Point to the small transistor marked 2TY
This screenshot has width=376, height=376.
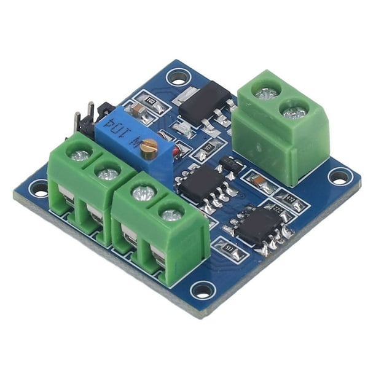tap(230, 164)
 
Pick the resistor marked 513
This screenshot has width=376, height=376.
tap(229, 249)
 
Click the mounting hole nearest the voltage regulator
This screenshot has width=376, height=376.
tap(178, 77)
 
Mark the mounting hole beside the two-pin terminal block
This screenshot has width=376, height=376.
tap(339, 177)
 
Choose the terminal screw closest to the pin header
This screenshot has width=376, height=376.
tap(80, 156)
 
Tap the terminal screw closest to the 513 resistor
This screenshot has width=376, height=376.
tap(171, 214)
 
